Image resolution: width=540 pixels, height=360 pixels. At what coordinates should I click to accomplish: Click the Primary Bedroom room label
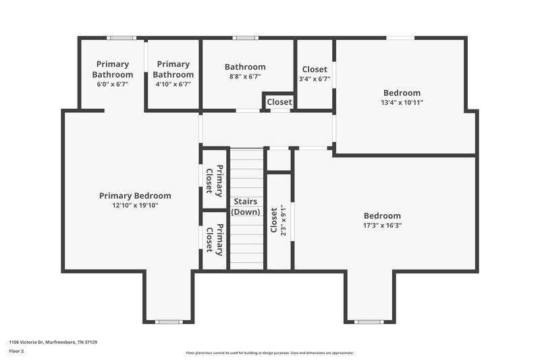135,196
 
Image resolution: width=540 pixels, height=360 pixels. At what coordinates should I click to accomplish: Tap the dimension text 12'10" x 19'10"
135,205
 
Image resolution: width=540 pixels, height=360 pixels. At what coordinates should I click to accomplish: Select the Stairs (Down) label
246,207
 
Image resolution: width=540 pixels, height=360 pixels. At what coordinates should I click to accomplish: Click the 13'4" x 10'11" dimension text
402,103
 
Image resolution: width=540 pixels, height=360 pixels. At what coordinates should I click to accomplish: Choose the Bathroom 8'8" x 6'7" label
245,67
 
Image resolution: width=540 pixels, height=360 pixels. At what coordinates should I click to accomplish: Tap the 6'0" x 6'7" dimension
113,84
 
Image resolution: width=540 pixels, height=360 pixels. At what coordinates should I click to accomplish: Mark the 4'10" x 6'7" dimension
173,84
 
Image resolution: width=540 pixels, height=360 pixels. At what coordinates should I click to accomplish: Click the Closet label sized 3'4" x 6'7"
315,70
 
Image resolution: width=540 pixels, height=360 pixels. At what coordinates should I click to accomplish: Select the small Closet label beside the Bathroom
279,102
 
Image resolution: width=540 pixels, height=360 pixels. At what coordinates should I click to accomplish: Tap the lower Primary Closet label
214,240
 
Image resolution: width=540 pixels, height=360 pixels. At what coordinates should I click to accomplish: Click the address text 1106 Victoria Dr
53,342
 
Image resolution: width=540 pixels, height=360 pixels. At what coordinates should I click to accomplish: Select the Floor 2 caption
16,351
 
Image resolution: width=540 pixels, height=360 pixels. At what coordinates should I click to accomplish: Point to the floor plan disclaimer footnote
270,353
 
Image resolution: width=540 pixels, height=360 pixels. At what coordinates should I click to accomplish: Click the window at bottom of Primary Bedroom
168,322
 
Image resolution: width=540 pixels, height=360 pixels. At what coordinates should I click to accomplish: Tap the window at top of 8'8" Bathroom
246,38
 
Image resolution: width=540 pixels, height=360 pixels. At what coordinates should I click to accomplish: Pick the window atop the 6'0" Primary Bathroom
122,38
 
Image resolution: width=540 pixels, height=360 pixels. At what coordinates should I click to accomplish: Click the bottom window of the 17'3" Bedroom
369,322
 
